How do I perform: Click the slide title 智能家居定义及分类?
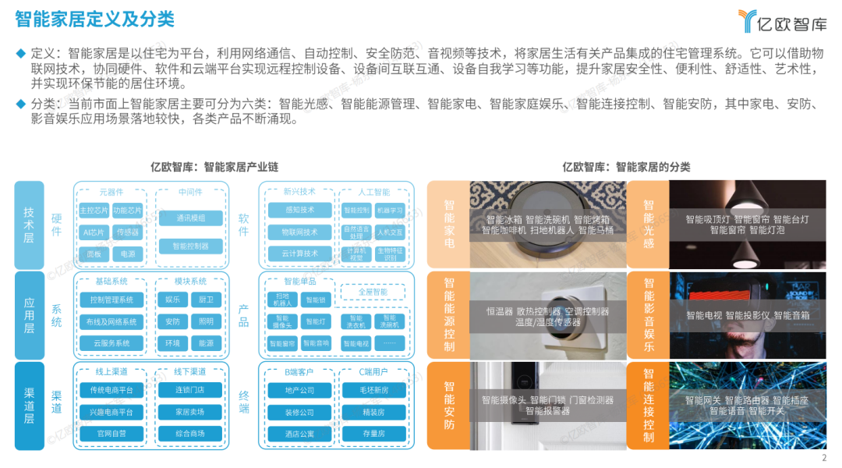[94, 18]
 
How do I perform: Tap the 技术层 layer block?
[29, 225]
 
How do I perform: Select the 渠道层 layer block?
[29, 405]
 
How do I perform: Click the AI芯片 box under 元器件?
[93, 232]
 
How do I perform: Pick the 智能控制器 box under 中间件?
[190, 246]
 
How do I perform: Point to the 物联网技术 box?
[299, 232]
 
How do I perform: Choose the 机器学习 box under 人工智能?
[390, 211]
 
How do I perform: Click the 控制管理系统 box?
[111, 300]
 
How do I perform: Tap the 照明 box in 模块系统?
[206, 321]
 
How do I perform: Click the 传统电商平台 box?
[111, 390]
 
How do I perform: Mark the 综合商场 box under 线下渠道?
[190, 434]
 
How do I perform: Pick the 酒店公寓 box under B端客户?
[299, 434]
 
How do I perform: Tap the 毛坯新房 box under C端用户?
[374, 390]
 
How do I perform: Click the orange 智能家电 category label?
[449, 224]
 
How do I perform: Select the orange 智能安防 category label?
[449, 405]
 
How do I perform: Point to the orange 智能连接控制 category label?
[649, 405]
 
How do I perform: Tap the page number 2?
[824, 458]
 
